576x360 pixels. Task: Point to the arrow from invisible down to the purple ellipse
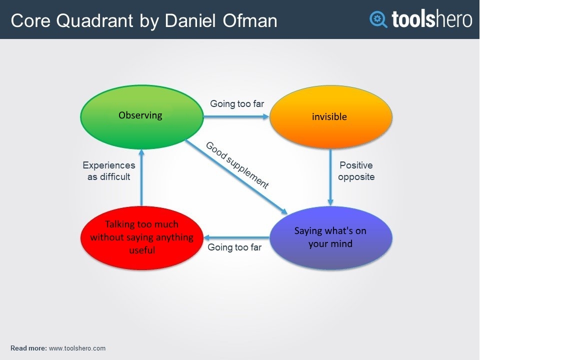[x=330, y=177]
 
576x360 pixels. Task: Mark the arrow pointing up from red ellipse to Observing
[x=141, y=177]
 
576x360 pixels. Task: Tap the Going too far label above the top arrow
[x=236, y=104]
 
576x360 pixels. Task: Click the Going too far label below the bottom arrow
[x=234, y=247]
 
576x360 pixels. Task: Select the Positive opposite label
[x=356, y=171]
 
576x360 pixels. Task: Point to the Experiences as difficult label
[x=109, y=171]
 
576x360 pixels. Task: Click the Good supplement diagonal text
[x=237, y=165]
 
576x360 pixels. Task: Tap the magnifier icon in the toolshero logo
[x=378, y=19]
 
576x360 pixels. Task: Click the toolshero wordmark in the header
[x=431, y=19]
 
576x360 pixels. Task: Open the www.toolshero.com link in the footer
[x=77, y=348]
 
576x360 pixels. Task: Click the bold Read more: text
[x=28, y=348]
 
